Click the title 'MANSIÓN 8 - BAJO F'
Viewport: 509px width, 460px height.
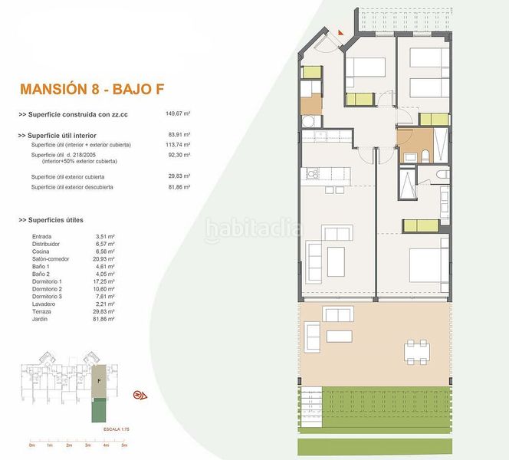coord(103,88)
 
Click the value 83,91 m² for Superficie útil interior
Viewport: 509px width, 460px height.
coord(179,136)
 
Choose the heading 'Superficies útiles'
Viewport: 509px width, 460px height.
coord(64,220)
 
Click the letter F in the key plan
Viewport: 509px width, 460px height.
coord(98,379)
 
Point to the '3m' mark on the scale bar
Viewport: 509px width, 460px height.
coord(87,445)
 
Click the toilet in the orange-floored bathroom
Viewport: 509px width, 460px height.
coord(424,156)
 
